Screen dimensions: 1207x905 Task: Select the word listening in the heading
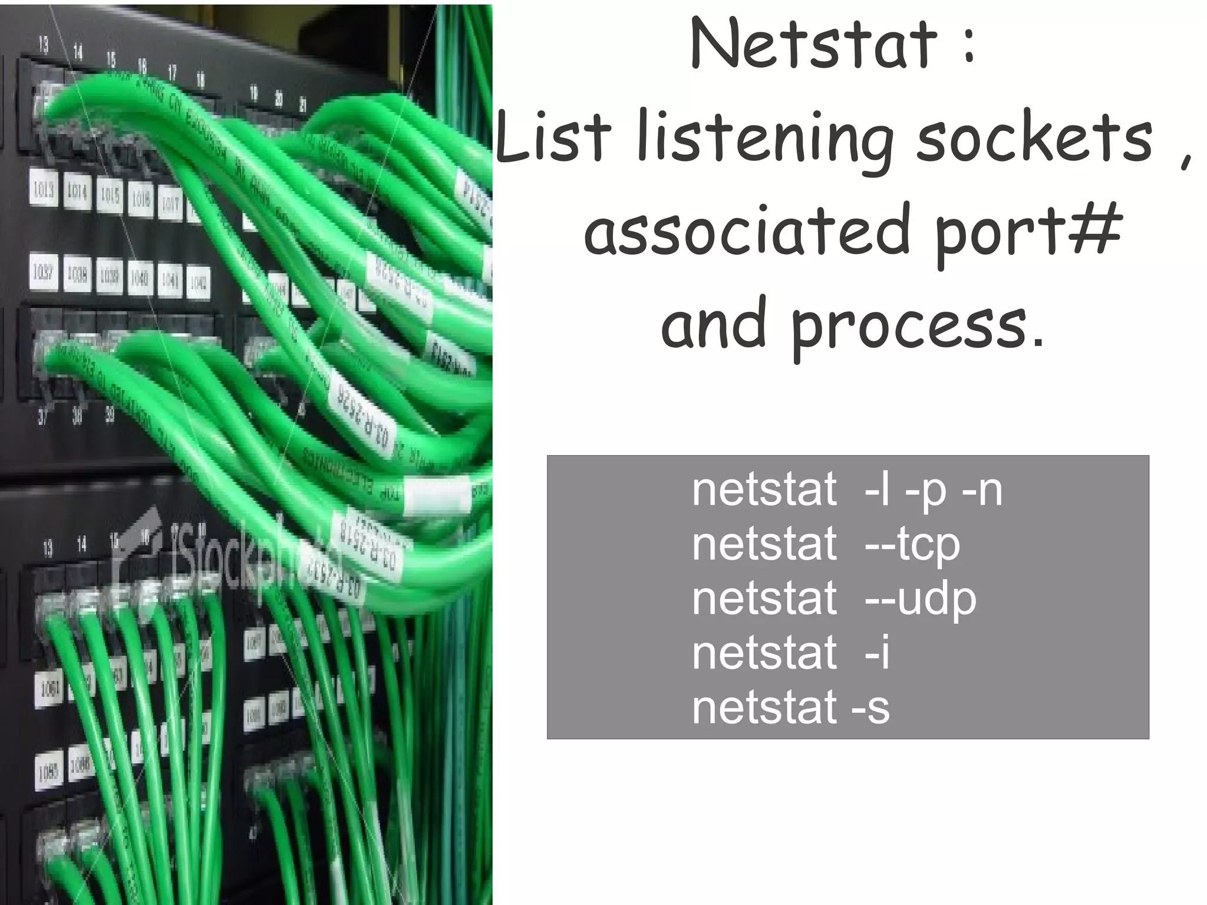pyautogui.click(x=766, y=139)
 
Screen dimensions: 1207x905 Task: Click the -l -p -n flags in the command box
pyautogui.click(x=934, y=491)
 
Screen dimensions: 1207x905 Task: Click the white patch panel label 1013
pyautogui.click(x=43, y=190)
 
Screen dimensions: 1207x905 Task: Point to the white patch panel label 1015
pyautogui.click(x=109, y=195)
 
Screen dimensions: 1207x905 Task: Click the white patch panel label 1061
pyautogui.click(x=50, y=688)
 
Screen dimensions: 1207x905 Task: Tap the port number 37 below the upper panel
pyautogui.click(x=42, y=417)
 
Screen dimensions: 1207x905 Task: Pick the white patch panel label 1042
pyautogui.click(x=198, y=284)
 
